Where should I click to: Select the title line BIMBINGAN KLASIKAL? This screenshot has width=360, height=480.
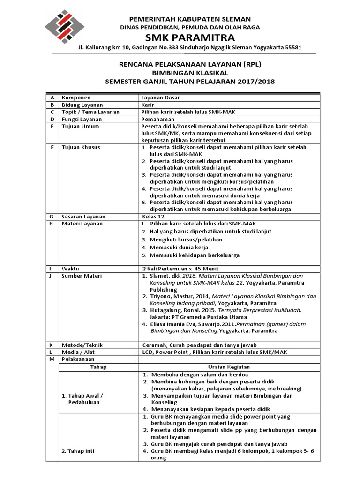[189, 73]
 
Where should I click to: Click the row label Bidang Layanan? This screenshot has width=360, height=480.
[82, 105]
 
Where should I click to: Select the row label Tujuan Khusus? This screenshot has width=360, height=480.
[81, 147]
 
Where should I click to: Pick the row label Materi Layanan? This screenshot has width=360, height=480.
[82, 224]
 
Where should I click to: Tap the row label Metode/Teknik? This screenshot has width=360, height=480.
[82, 345]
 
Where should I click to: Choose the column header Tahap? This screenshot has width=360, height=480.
[98, 367]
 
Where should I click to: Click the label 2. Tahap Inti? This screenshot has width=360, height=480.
[78, 451]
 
